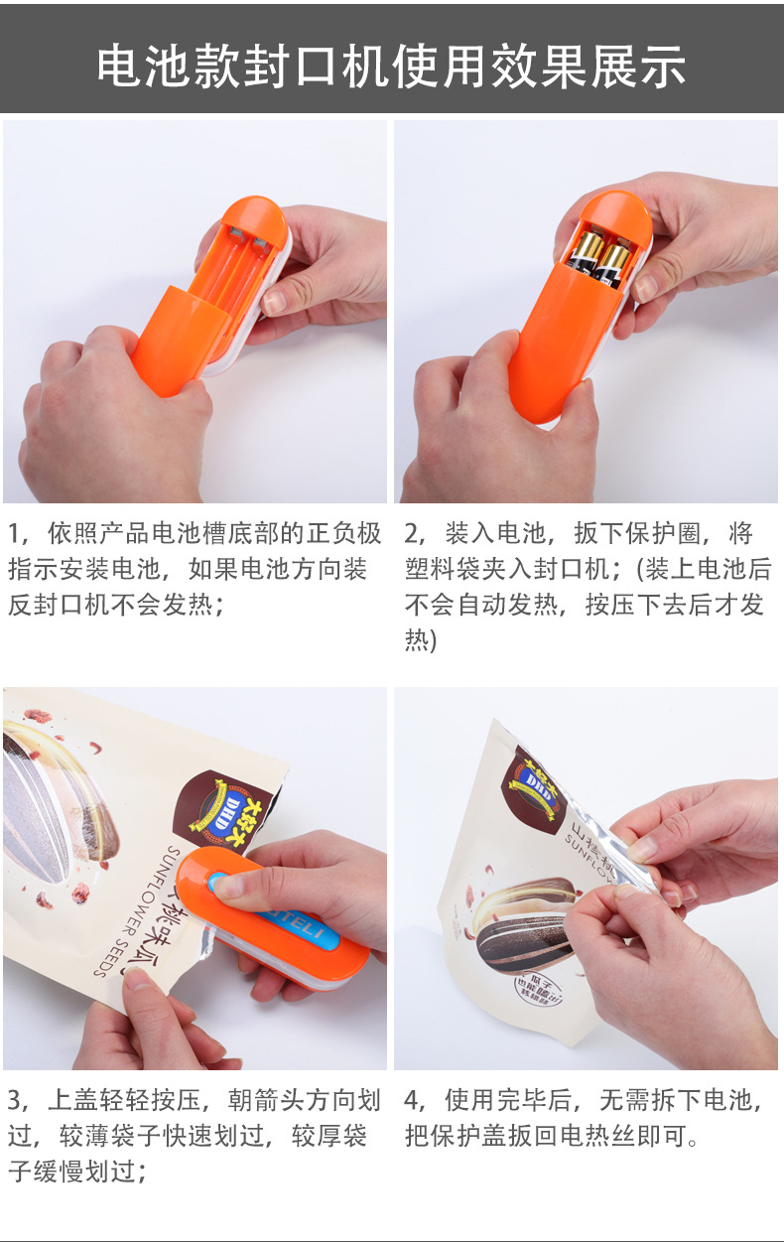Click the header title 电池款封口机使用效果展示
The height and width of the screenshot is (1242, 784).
coord(391,66)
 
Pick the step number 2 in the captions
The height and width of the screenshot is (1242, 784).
coord(412,534)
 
